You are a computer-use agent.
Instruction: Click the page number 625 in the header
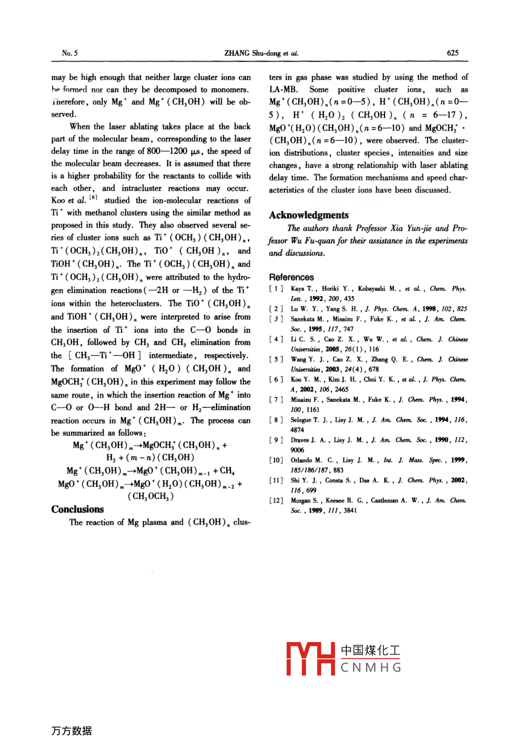453,53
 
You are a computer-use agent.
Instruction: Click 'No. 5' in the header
70,53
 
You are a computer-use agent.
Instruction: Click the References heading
291,277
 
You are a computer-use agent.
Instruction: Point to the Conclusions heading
77,509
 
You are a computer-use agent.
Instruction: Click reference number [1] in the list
276,289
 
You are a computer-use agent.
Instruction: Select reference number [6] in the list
276,380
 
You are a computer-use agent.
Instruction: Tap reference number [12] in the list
276,501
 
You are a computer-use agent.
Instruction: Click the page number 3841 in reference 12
350,510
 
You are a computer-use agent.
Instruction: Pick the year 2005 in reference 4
332,349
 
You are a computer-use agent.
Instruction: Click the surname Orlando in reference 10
301,460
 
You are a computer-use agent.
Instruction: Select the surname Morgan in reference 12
301,501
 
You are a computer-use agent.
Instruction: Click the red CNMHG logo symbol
312,659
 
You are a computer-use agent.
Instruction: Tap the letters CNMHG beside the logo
371,668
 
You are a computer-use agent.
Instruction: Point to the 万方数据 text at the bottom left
71,731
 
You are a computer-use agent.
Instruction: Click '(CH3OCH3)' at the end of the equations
151,496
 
